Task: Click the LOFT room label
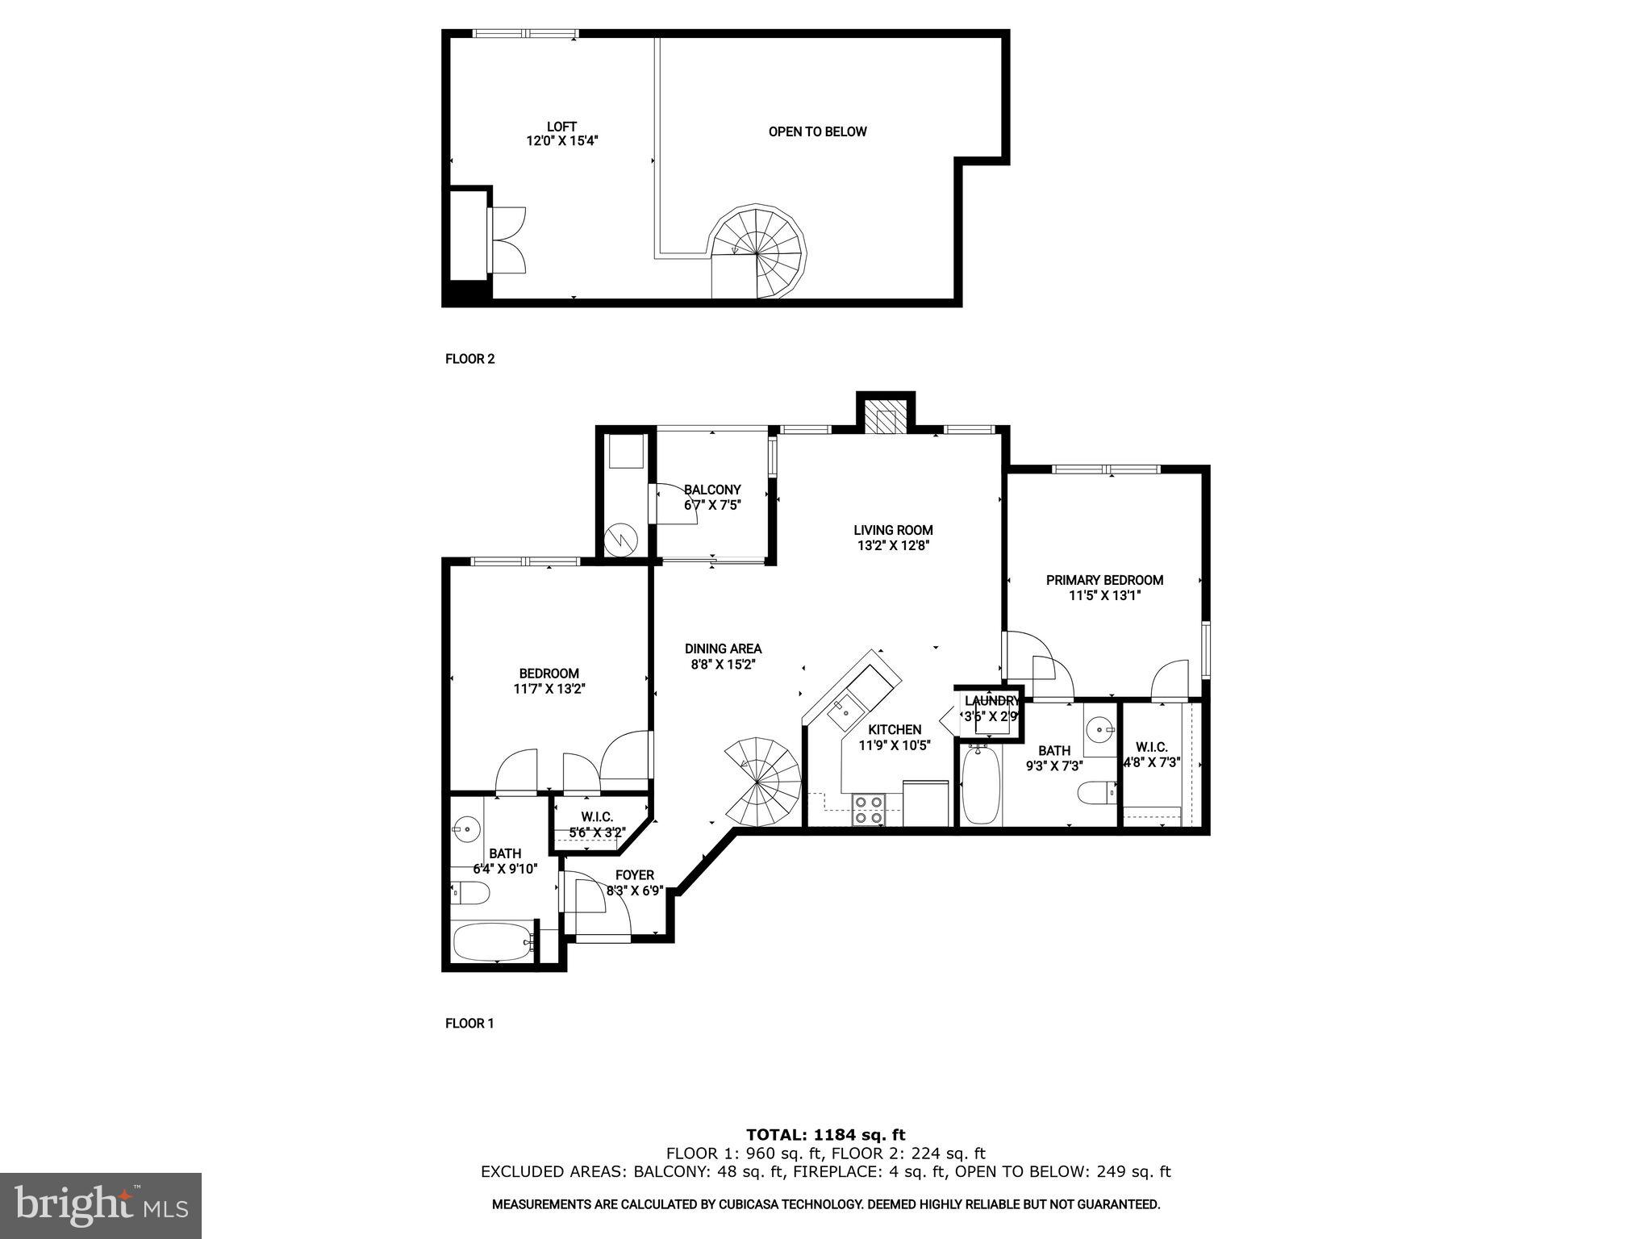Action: pyautogui.click(x=561, y=127)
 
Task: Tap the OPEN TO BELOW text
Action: pyautogui.click(x=817, y=131)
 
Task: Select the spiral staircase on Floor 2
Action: pyautogui.click(x=758, y=252)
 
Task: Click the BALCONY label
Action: pyautogui.click(x=712, y=490)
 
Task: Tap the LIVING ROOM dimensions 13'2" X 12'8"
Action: pyautogui.click(x=893, y=545)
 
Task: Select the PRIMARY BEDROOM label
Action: pyautogui.click(x=1104, y=580)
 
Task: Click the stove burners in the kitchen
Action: pyautogui.click(x=869, y=810)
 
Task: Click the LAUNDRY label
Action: pyautogui.click(x=991, y=701)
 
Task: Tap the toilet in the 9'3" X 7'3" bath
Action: pyautogui.click(x=1095, y=793)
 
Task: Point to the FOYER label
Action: pyautogui.click(x=635, y=875)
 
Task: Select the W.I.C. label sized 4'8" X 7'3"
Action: pyautogui.click(x=1151, y=747)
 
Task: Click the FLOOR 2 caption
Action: pyautogui.click(x=469, y=359)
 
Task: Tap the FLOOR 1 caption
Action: pyautogui.click(x=469, y=1024)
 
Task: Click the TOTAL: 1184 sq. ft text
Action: pyautogui.click(x=825, y=1135)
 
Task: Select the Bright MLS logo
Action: pyautogui.click(x=100, y=1205)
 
